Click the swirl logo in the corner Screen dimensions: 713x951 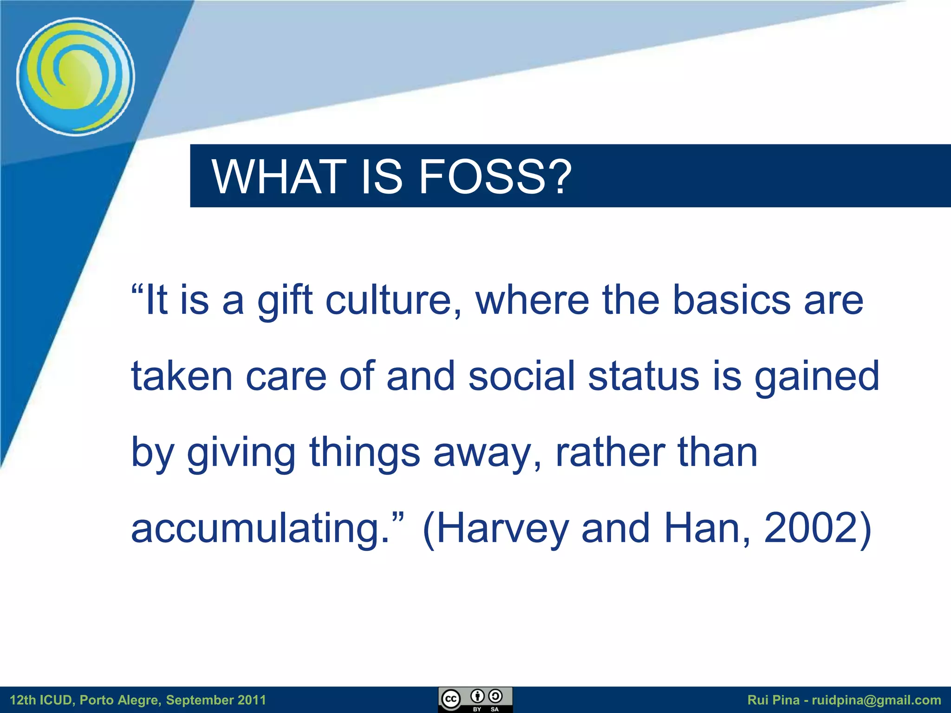pyautogui.click(x=76, y=77)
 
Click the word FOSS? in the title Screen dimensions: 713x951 pyautogui.click(x=495, y=176)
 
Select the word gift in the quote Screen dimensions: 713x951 pyautogui.click(x=285, y=301)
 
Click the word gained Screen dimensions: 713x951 pyautogui.click(x=817, y=377)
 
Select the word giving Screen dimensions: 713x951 pyautogui.click(x=241, y=453)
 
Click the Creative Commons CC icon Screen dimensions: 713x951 pyautogui.click(x=450, y=699)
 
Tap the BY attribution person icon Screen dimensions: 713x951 pyautogui.click(x=477, y=696)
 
